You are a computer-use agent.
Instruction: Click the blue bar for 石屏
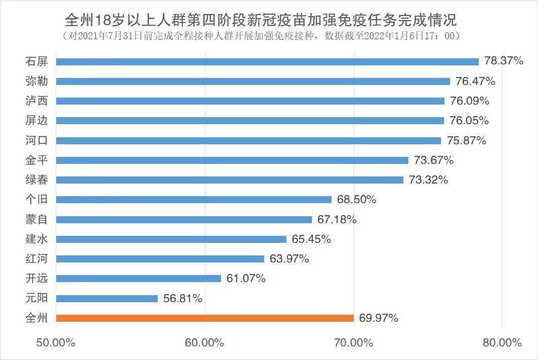[267, 61]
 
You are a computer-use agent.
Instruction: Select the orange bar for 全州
[205, 318]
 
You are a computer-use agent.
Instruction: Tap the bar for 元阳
[107, 298]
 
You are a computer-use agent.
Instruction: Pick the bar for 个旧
[194, 200]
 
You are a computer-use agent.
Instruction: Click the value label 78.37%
[504, 61]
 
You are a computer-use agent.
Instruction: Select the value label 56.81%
[183, 298]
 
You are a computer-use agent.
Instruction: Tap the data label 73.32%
[428, 180]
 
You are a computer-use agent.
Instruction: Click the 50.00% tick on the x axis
[56, 343]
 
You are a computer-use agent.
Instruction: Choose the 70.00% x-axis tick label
[354, 343]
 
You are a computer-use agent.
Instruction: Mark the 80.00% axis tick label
[502, 343]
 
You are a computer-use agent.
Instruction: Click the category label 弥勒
[36, 81]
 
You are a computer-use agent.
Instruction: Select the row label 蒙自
[36, 219]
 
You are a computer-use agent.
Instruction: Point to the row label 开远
[36, 279]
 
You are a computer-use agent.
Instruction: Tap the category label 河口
[36, 140]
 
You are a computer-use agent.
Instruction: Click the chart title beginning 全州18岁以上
[261, 21]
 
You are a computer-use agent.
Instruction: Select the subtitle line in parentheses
[261, 36]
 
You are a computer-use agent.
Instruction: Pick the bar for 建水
[171, 239]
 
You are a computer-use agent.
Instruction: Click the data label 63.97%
[289, 259]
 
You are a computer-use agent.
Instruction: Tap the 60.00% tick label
[205, 343]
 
